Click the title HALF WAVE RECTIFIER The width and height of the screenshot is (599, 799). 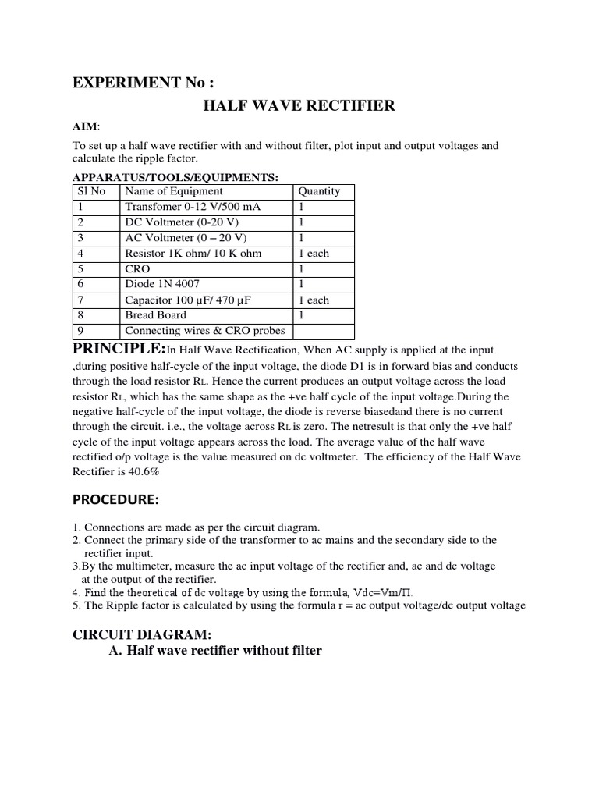[x=299, y=106]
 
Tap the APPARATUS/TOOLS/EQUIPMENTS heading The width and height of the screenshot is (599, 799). [x=175, y=178]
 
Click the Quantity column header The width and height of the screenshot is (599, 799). [x=319, y=191]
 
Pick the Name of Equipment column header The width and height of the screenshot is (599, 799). [x=174, y=191]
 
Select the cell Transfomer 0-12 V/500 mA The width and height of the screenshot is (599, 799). [x=193, y=207]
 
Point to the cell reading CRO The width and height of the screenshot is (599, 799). [x=137, y=269]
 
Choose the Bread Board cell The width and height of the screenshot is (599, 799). [x=156, y=315]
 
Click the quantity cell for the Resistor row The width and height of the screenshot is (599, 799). [x=314, y=254]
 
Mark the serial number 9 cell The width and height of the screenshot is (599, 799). [x=80, y=331]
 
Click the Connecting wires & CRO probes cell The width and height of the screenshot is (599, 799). [x=205, y=331]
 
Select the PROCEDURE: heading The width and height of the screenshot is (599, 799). [x=117, y=499]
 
